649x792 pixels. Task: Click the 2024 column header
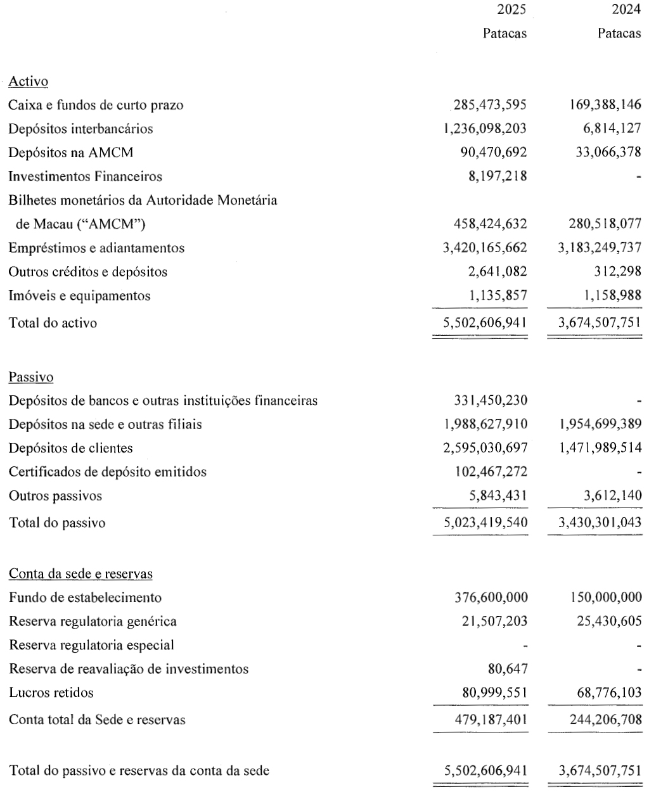(627, 10)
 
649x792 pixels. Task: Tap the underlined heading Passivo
(31, 377)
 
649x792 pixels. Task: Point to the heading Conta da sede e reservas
(80, 574)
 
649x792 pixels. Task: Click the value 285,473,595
(490, 105)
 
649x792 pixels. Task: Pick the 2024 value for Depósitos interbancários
(609, 129)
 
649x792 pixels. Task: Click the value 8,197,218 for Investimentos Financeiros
(495, 176)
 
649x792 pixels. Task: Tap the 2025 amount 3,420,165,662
(485, 248)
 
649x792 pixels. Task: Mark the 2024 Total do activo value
(599, 323)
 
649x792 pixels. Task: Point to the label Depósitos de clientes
(71, 448)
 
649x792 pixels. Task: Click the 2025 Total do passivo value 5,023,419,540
(485, 523)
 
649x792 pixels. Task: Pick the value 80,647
(505, 668)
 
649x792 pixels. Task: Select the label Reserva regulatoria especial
(91, 645)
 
